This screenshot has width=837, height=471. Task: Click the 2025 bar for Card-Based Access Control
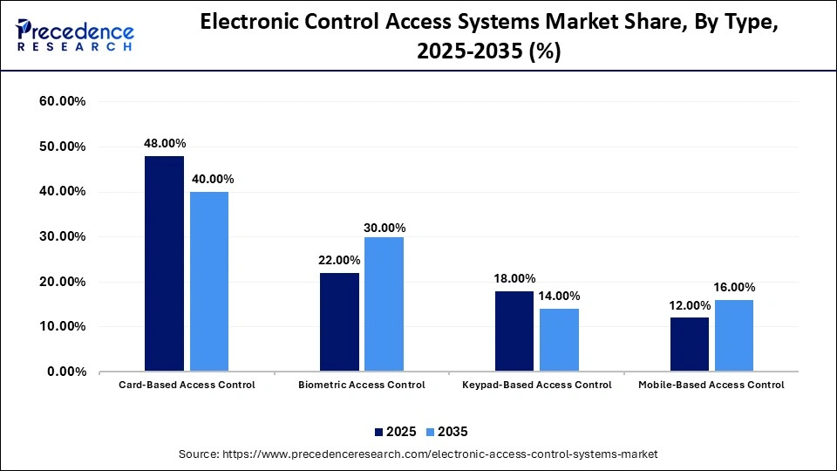point(164,263)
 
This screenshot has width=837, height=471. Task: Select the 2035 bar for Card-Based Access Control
point(208,282)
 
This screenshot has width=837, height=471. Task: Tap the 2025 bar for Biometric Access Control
point(339,322)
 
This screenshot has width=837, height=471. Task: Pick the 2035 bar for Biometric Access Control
point(384,304)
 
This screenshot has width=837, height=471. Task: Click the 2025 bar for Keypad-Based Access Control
point(514,331)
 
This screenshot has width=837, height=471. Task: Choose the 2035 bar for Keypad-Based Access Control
point(559,340)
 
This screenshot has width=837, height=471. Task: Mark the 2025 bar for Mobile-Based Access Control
point(690,345)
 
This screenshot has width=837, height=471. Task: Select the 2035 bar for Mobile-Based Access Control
point(734,336)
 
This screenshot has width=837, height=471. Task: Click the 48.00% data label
point(165,143)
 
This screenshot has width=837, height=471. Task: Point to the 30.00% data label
point(384,228)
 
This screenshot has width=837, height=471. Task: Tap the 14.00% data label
point(559,296)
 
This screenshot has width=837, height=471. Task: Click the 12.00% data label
point(689,305)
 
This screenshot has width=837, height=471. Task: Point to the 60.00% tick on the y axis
point(63,101)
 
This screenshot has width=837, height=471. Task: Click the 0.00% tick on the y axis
point(66,372)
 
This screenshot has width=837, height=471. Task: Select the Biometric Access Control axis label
point(362,385)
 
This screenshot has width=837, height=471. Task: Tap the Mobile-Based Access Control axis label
point(711,385)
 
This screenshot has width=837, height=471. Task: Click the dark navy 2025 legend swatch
point(379,432)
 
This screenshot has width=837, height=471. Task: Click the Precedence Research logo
point(75,35)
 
